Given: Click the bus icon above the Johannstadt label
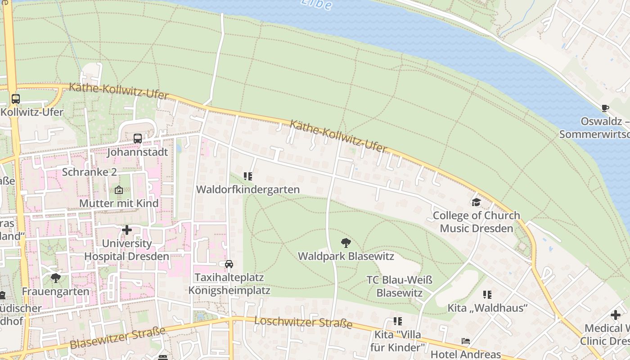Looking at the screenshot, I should [x=138, y=139].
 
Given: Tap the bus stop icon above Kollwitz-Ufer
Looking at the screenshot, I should [x=16, y=99].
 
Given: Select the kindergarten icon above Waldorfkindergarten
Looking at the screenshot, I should [x=248, y=176].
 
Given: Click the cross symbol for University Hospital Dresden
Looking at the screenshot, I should [x=127, y=230].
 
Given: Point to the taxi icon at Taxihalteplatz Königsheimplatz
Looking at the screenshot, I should [x=229, y=264].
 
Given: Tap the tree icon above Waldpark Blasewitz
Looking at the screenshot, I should [x=346, y=243].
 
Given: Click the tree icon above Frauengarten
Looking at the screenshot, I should [x=56, y=278].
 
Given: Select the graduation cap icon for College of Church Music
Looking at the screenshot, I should [x=476, y=202].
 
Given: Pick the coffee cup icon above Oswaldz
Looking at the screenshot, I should [x=605, y=108].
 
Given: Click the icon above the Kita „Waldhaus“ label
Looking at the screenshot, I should [x=487, y=295].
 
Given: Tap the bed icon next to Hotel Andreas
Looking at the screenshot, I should [x=466, y=341].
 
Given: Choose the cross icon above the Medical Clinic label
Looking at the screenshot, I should [x=615, y=315].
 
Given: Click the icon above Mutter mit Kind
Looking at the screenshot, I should [x=119, y=190].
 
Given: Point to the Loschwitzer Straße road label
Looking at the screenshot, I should [x=303, y=323].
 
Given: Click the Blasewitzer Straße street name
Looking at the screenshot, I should [x=118, y=337].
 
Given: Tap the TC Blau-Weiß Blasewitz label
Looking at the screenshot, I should [x=400, y=287].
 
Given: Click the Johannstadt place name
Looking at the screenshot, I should [x=137, y=152].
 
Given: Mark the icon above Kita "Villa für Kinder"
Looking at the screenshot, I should [x=398, y=321].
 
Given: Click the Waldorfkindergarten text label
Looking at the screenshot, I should [x=248, y=189].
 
